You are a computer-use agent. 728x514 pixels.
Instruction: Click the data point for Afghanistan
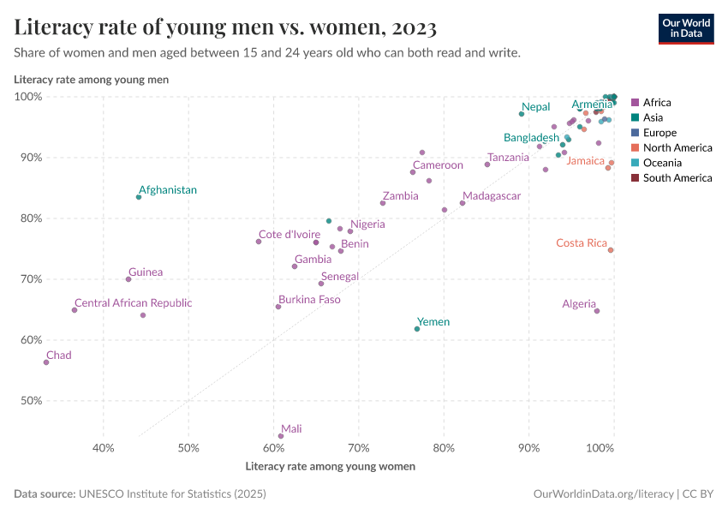click(x=139, y=197)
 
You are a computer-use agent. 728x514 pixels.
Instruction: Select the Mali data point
click(x=281, y=436)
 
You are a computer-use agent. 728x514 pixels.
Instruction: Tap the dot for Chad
click(x=46, y=362)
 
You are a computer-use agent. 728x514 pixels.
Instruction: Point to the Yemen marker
click(x=417, y=329)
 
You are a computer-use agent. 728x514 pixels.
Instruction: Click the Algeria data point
click(x=597, y=311)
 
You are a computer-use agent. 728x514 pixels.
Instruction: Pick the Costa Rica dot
click(x=611, y=250)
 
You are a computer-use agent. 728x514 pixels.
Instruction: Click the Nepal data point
click(x=522, y=114)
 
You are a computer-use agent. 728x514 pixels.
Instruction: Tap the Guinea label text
click(x=146, y=272)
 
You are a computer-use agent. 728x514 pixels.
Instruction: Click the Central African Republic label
click(x=133, y=303)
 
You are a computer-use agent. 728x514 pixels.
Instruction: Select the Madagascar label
click(x=491, y=196)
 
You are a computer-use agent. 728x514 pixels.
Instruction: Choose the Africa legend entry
click(x=657, y=103)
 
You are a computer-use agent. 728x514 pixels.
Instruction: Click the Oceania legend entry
click(x=662, y=163)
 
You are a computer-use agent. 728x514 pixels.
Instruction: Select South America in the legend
click(x=677, y=178)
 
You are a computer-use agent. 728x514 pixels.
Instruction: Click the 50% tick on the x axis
click(x=188, y=448)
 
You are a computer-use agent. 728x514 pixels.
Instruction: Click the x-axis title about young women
click(x=331, y=467)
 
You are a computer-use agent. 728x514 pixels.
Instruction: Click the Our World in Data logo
click(x=686, y=28)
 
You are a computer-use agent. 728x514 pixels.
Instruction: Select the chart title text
click(x=226, y=27)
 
